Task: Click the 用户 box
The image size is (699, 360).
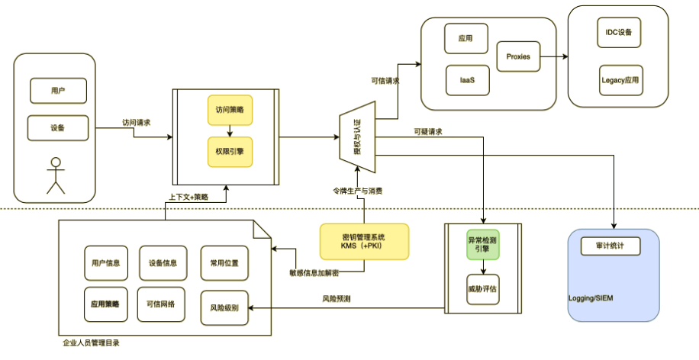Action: click(57, 91)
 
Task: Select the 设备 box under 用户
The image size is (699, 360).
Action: click(57, 127)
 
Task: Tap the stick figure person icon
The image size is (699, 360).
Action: click(54, 175)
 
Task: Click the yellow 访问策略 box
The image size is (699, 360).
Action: click(229, 110)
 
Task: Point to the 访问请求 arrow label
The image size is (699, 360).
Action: click(137, 122)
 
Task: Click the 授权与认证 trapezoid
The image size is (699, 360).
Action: click(356, 137)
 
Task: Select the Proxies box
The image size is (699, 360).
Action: click(518, 56)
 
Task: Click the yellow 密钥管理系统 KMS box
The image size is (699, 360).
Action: click(364, 241)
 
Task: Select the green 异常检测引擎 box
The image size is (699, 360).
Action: click(482, 245)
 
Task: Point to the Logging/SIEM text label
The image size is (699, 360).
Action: click(591, 297)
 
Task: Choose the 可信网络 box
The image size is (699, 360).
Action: click(160, 304)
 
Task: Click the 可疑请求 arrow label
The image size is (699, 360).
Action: click(427, 131)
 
